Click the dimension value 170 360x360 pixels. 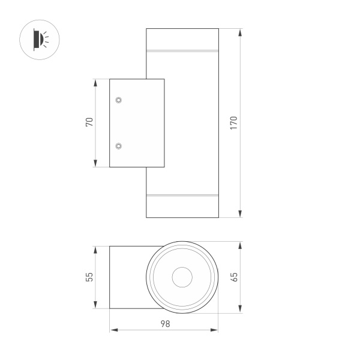pyautogui.click(x=235, y=122)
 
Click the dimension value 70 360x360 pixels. pyautogui.click(x=89, y=122)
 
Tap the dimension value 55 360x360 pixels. pyautogui.click(x=89, y=277)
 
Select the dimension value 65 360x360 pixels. pyautogui.click(x=235, y=277)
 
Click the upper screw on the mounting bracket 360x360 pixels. pyautogui.click(x=118, y=99)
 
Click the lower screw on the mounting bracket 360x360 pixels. pyautogui.click(x=118, y=146)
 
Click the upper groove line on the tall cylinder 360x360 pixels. pyautogui.click(x=182, y=50)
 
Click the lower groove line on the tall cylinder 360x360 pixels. pyautogui.click(x=182, y=195)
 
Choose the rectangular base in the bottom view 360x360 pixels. pyautogui.click(x=127, y=277)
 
